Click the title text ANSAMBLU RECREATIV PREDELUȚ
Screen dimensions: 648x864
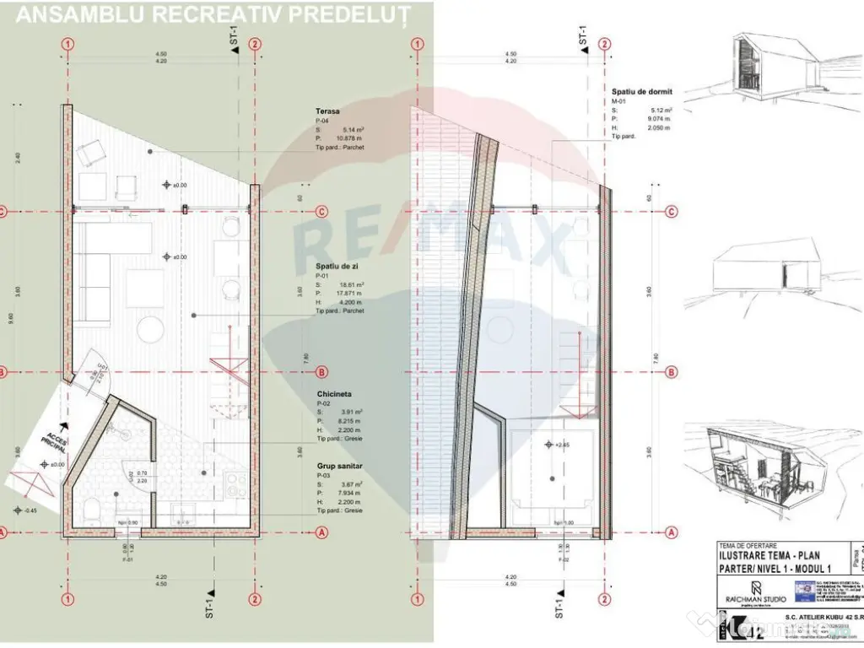click(213, 14)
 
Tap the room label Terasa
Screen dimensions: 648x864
click(327, 111)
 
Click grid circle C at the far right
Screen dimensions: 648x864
click(671, 211)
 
